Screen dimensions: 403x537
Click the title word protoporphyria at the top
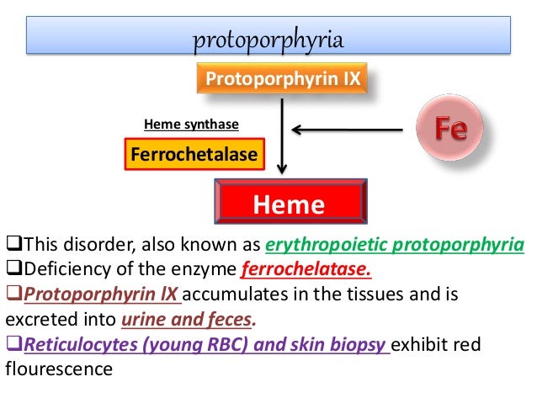coord(268,40)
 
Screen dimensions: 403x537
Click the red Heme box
coord(289,204)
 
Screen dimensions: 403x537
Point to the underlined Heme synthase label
coord(191,125)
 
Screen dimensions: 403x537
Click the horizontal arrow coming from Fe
coord(354,130)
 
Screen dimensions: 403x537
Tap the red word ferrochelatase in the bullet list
coord(304,271)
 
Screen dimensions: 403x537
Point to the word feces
coord(230,320)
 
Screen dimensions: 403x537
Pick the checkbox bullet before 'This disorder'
coord(11,246)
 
